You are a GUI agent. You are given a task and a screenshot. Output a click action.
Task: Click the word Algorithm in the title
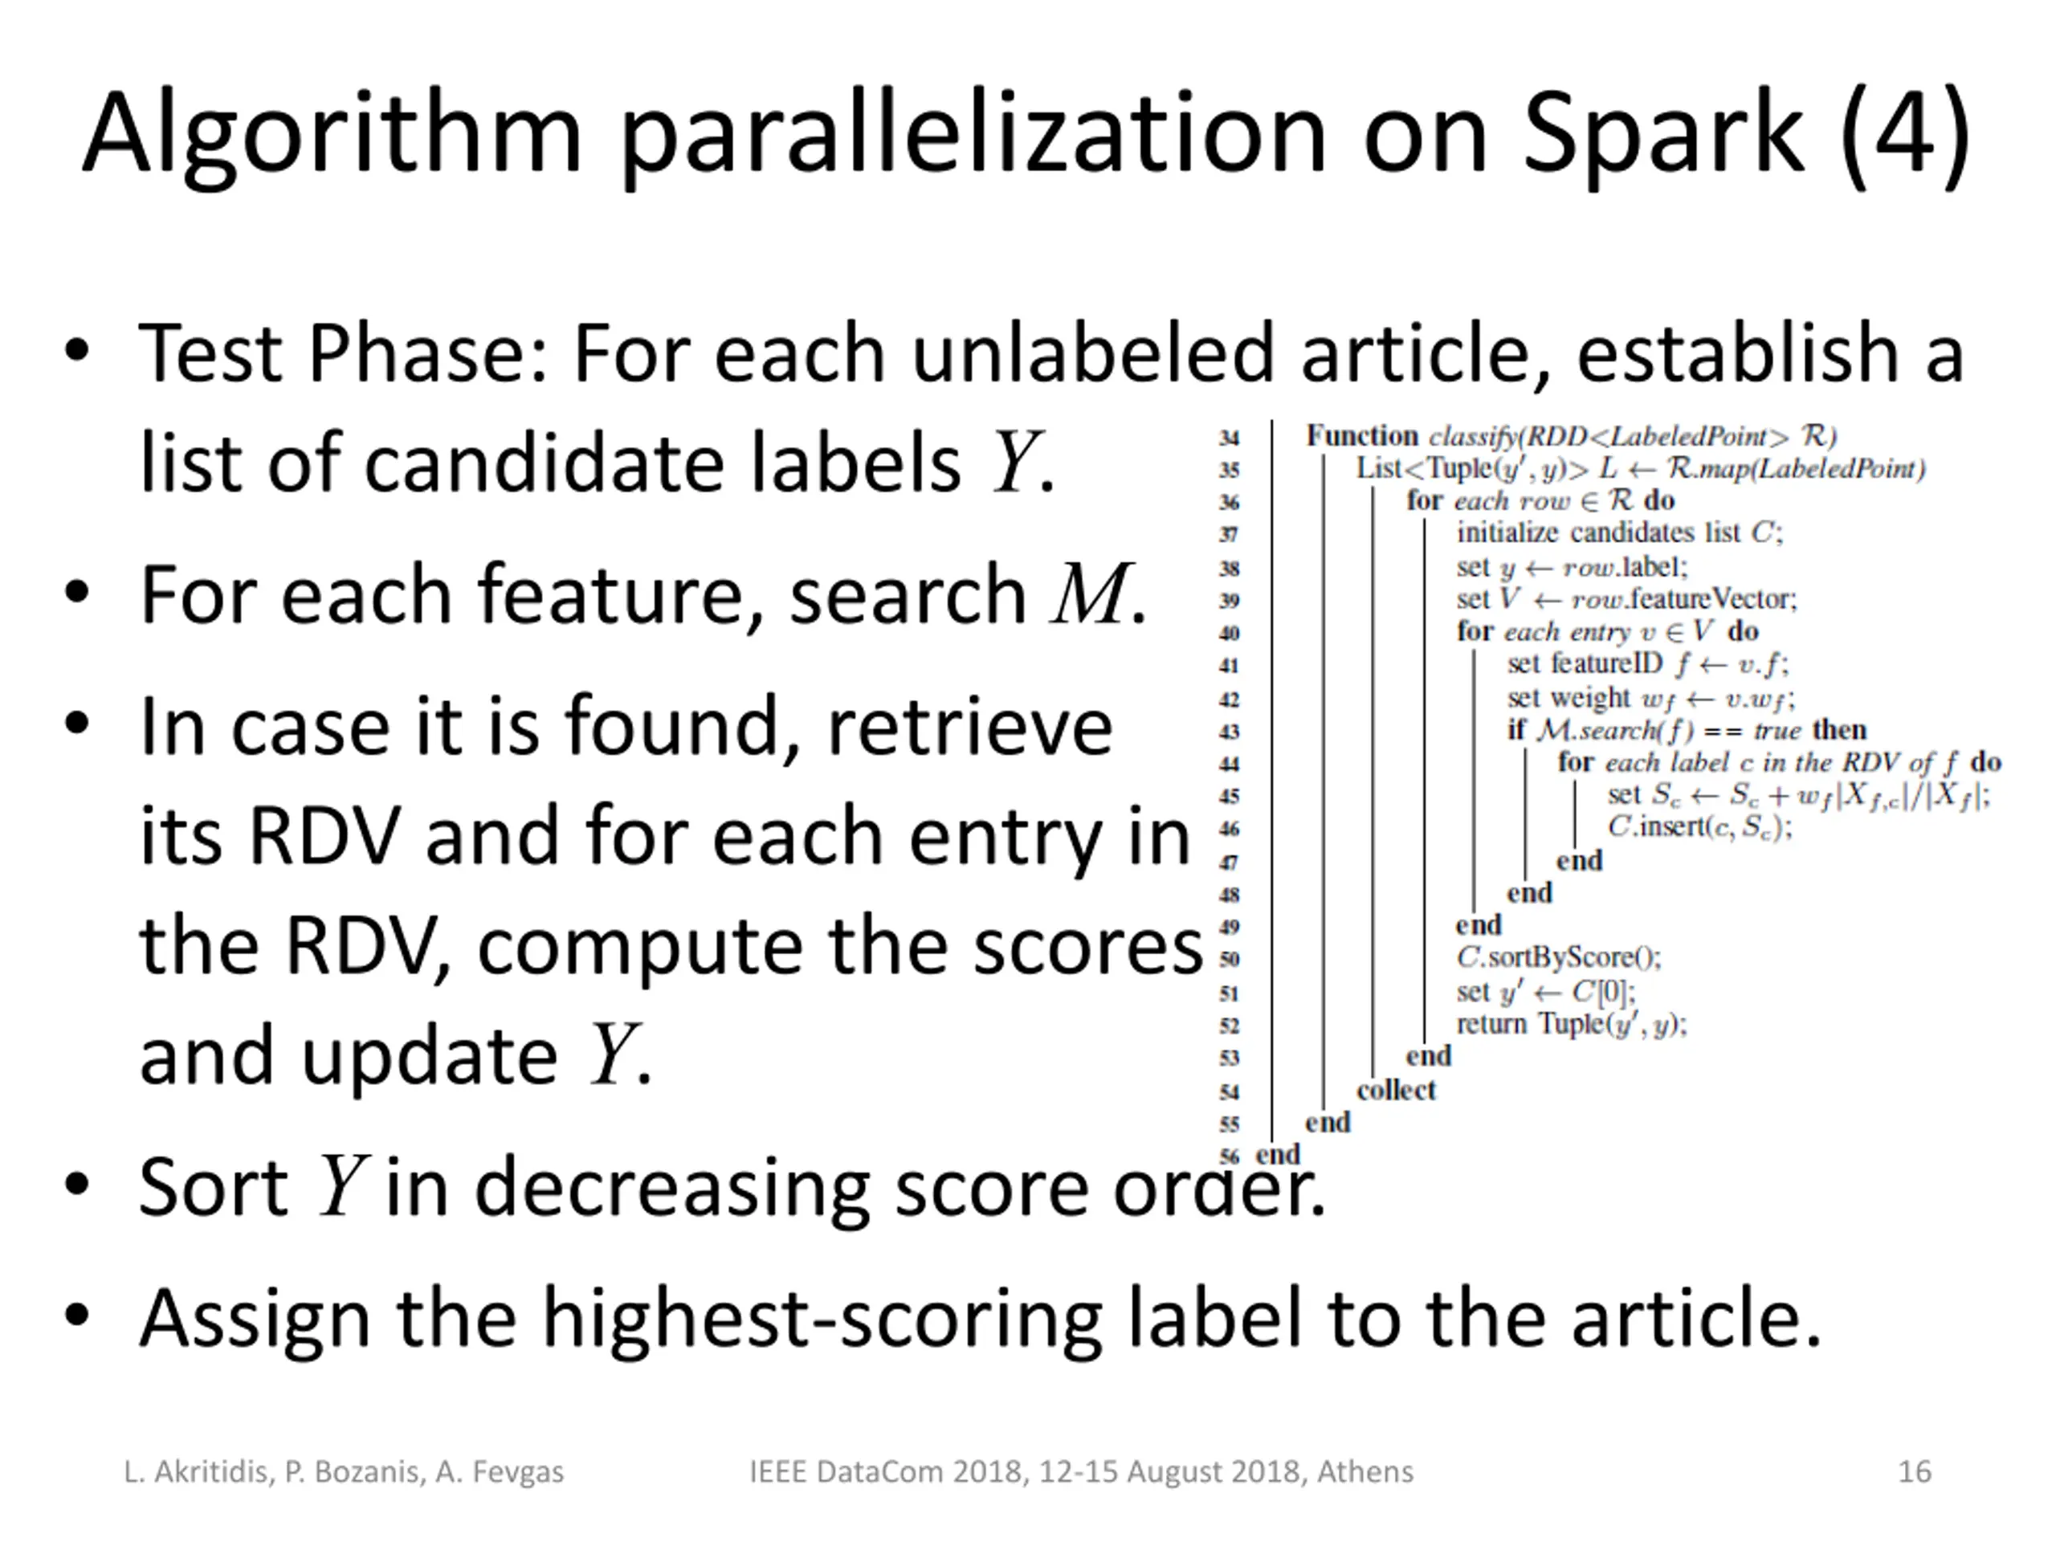click(x=332, y=135)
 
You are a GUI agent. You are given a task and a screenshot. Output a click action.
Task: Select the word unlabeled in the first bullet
click(x=1092, y=353)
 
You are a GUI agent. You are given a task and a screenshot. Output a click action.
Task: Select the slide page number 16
click(x=1914, y=1472)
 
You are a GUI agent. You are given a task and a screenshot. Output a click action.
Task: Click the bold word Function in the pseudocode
click(x=1361, y=435)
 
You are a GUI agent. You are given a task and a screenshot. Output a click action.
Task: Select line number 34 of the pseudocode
click(x=1229, y=439)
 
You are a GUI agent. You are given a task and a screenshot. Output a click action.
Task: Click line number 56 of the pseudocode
click(x=1229, y=1156)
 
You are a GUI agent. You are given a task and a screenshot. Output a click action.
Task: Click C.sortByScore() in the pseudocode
click(x=1559, y=957)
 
